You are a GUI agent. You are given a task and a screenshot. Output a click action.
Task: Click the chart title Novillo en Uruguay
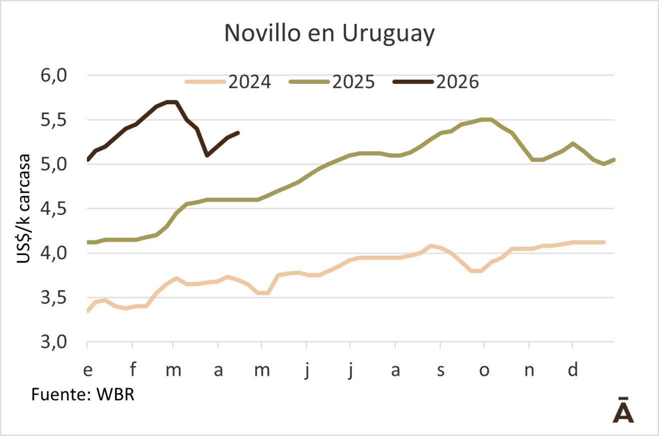(329, 33)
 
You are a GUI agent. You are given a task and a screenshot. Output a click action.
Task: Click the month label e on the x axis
(88, 370)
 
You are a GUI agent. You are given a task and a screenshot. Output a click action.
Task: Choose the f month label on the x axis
(132, 370)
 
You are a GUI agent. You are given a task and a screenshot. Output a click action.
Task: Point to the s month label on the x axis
(440, 370)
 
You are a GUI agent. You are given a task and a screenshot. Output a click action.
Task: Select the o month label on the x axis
(484, 370)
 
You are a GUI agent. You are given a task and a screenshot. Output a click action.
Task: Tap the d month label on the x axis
(574, 370)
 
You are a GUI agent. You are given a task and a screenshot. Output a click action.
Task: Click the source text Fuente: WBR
(83, 394)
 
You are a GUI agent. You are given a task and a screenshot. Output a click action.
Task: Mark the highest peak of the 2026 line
(172, 102)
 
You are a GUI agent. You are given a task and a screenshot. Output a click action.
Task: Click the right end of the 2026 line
(239, 133)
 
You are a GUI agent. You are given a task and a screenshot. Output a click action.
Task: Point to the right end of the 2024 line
(604, 242)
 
